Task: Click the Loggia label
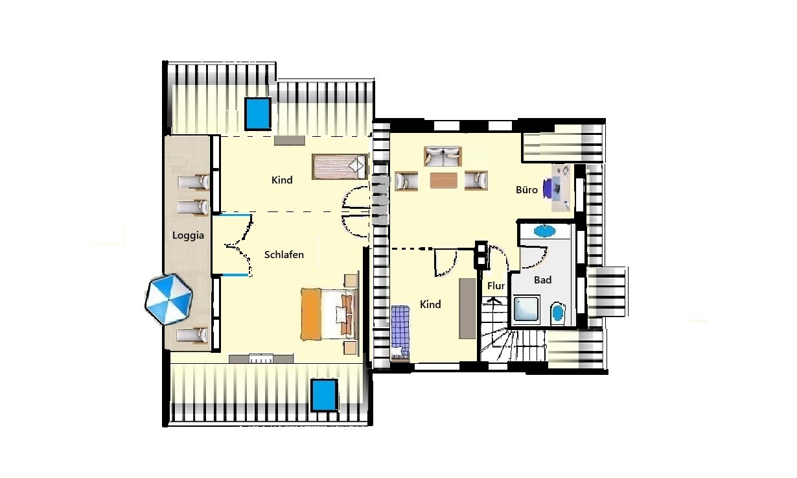(188, 235)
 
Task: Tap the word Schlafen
(284, 255)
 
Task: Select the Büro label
(527, 190)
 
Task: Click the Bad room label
(542, 280)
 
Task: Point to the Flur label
(496, 285)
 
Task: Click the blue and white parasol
(168, 299)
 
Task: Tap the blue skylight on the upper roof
(258, 114)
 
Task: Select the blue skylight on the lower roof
(324, 395)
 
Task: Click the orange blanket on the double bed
(311, 314)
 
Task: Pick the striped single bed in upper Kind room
(340, 167)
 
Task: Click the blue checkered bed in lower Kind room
(400, 333)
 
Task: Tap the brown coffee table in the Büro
(443, 180)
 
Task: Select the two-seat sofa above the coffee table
(443, 156)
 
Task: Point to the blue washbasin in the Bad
(544, 231)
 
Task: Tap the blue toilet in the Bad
(557, 313)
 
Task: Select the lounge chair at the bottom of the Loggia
(192, 335)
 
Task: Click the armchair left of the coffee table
(406, 181)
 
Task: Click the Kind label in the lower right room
(430, 305)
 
